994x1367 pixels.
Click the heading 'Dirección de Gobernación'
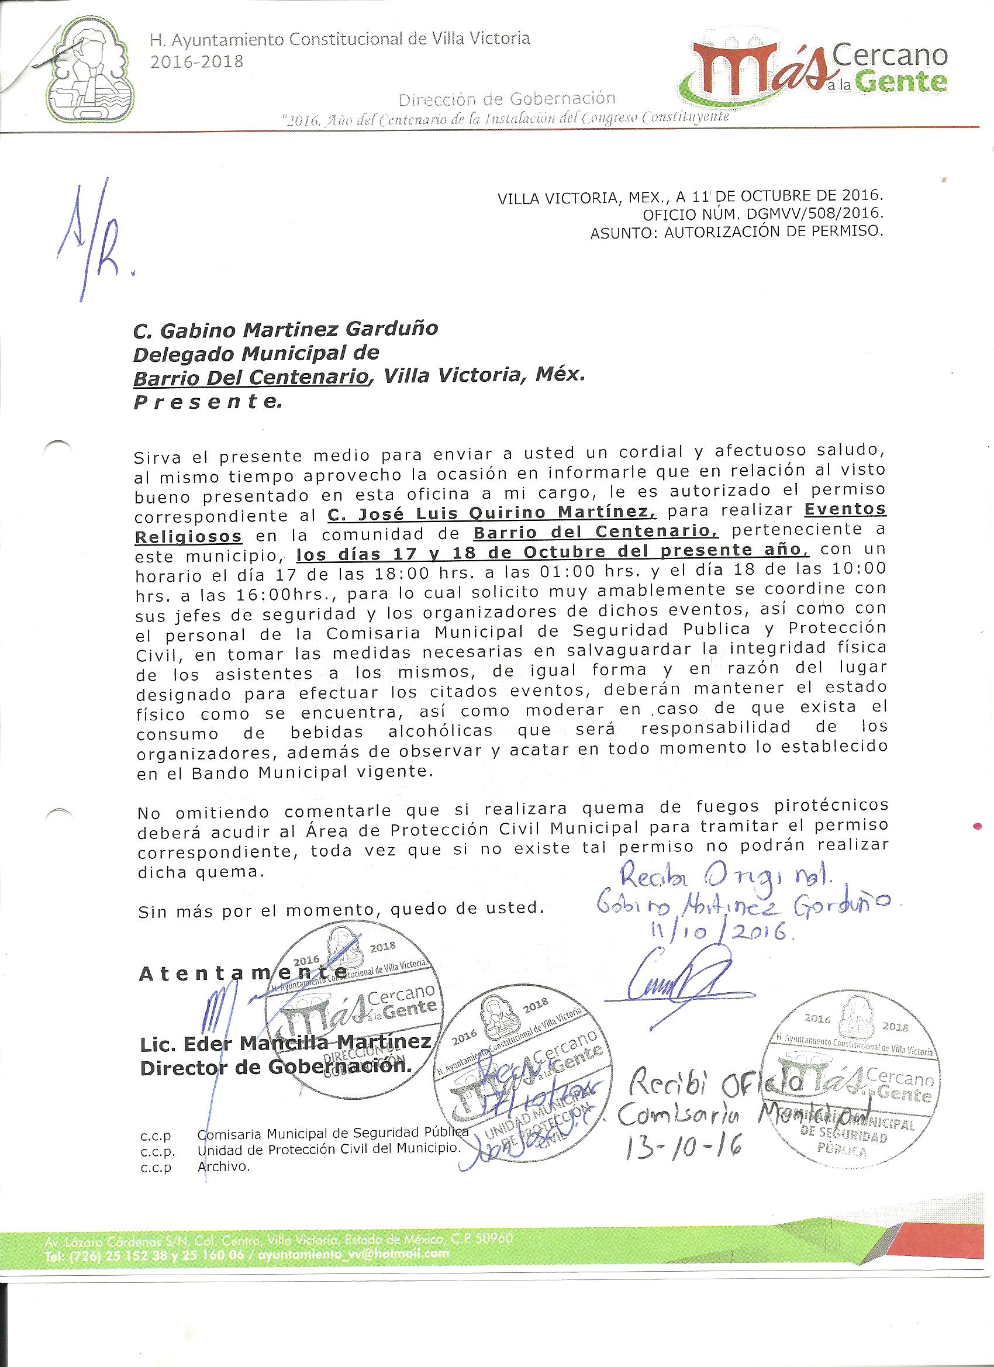tap(507, 99)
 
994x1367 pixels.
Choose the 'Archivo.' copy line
tap(223, 1166)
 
